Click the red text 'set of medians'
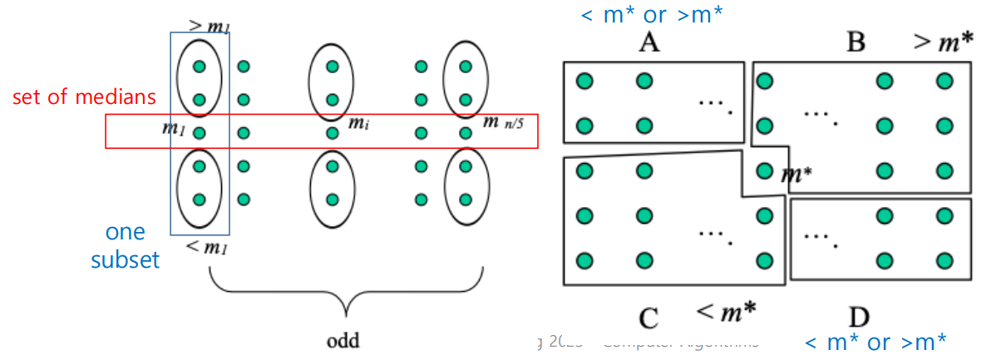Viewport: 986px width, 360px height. click(84, 97)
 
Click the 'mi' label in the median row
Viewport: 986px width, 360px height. click(358, 124)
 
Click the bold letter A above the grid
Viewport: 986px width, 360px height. click(649, 42)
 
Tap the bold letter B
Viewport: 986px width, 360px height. click(855, 42)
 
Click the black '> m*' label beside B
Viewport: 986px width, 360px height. click(944, 41)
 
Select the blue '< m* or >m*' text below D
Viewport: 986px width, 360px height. click(875, 341)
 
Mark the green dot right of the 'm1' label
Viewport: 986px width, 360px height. click(199, 132)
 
